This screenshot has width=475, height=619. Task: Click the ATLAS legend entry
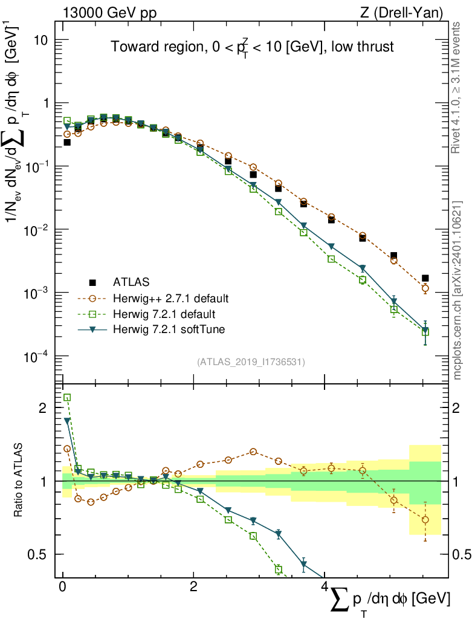pos(130,282)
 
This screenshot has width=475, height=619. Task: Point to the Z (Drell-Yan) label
pos(406,12)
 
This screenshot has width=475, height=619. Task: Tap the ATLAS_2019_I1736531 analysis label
pos(251,362)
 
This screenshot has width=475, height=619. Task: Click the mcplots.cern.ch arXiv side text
pos(457,290)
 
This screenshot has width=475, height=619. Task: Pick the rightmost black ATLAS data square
pos(425,278)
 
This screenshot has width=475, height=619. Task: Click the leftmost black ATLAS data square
pos(67,143)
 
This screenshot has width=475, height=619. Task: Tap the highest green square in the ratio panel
pos(67,397)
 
